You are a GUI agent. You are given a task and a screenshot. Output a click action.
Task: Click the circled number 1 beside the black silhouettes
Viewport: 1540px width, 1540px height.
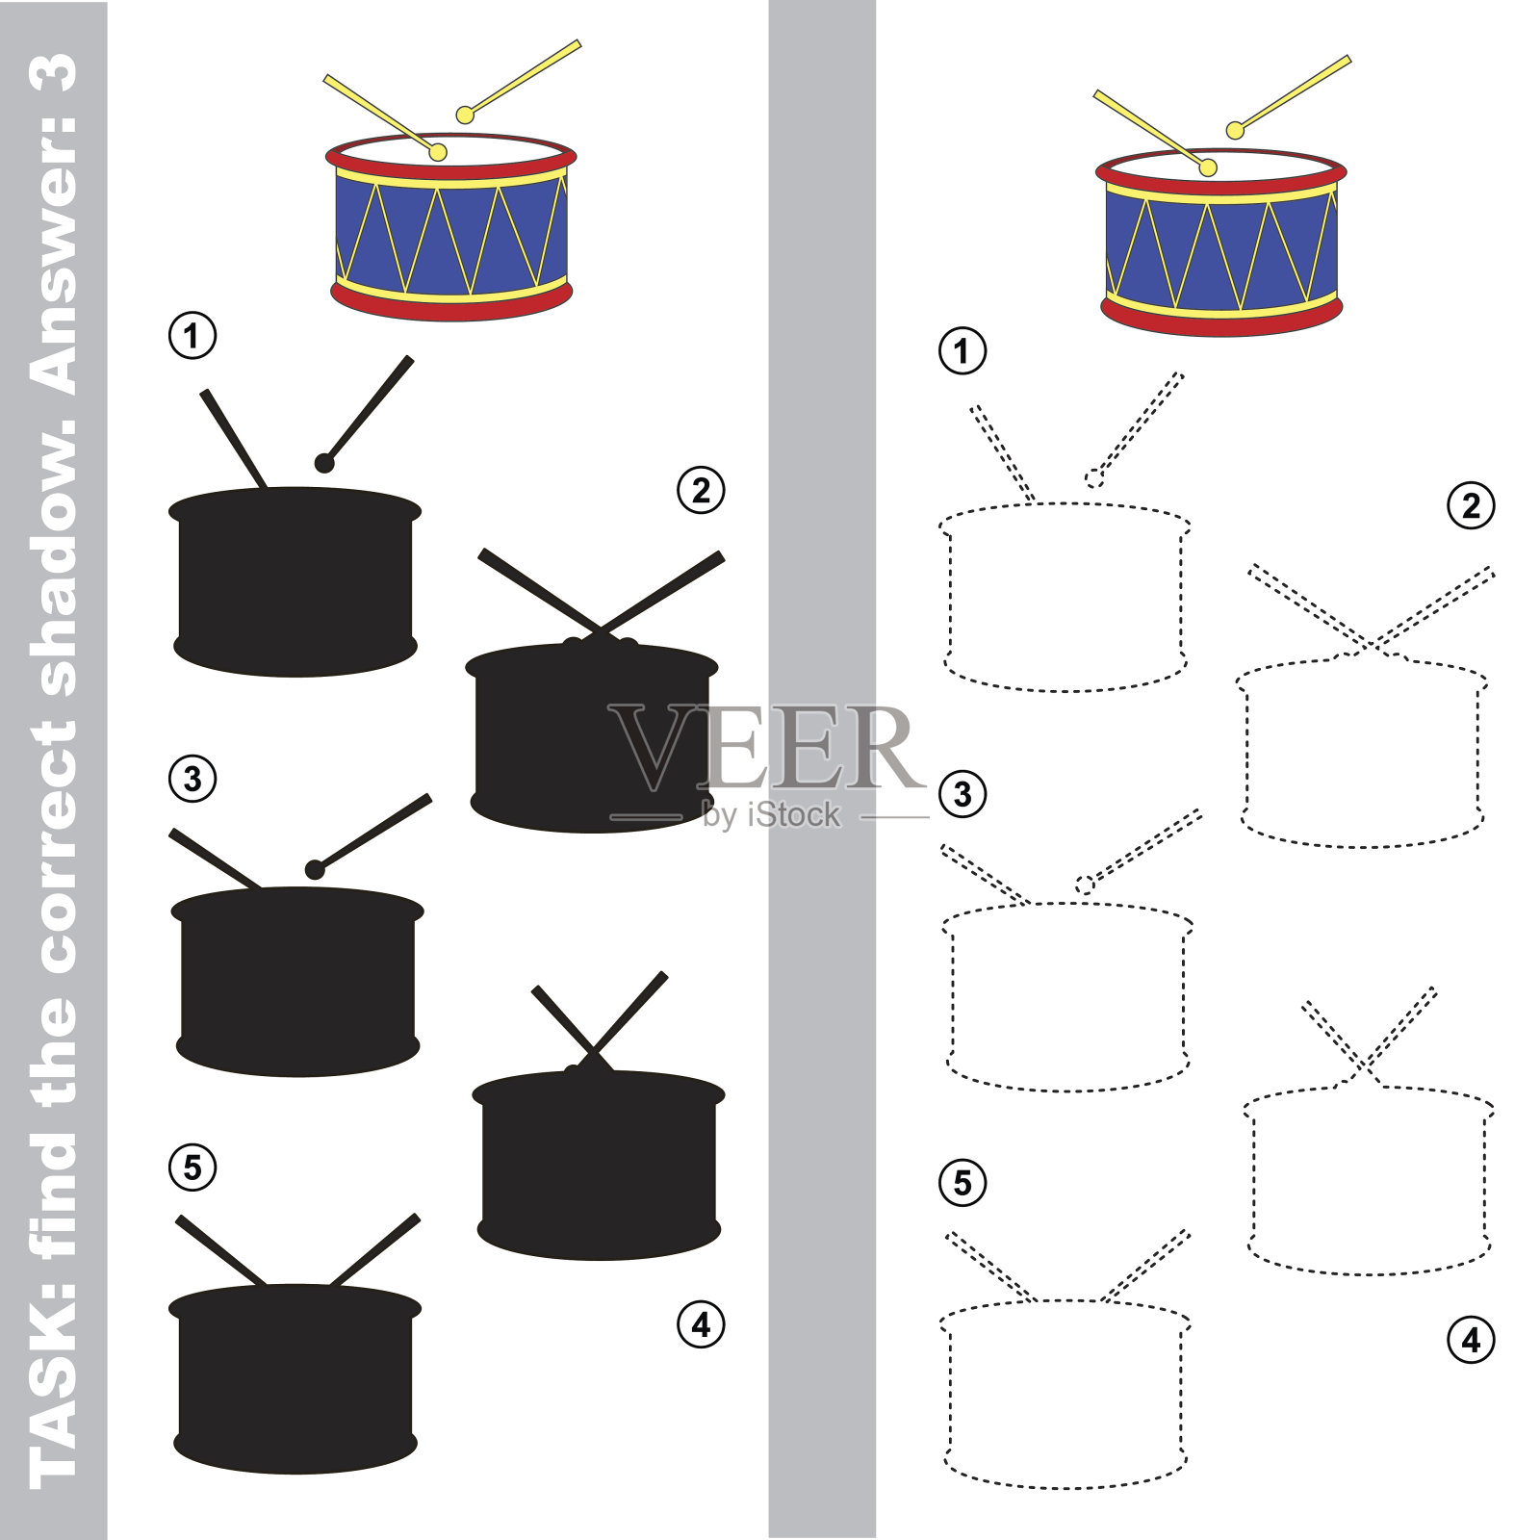pos(192,336)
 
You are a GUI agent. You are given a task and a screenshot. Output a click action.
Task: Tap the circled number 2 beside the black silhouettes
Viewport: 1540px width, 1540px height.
pos(701,490)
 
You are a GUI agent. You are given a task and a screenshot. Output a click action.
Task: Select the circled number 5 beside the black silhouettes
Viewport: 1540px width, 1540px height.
pos(192,1168)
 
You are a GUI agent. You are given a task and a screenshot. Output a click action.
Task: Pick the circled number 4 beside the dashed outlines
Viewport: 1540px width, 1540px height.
pos(1471,1340)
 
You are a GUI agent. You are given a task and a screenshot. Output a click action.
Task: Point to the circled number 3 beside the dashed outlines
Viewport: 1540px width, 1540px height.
pos(962,794)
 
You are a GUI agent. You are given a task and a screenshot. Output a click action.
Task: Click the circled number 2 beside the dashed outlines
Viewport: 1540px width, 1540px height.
pos(1471,505)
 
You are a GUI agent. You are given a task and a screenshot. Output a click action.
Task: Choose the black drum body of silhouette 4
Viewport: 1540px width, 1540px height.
pos(599,1165)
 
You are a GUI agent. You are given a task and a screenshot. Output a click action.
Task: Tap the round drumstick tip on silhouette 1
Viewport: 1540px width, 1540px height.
pos(324,463)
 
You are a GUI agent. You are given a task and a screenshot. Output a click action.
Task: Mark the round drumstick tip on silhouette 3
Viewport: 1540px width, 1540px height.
pos(315,870)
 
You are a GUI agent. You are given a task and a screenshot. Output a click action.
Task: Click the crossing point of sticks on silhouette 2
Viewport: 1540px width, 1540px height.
pos(600,629)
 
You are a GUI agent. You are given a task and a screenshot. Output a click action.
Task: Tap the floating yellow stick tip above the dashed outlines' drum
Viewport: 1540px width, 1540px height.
pos(1235,131)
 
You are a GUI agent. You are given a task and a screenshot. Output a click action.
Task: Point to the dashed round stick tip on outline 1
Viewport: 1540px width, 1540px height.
pos(1094,478)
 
